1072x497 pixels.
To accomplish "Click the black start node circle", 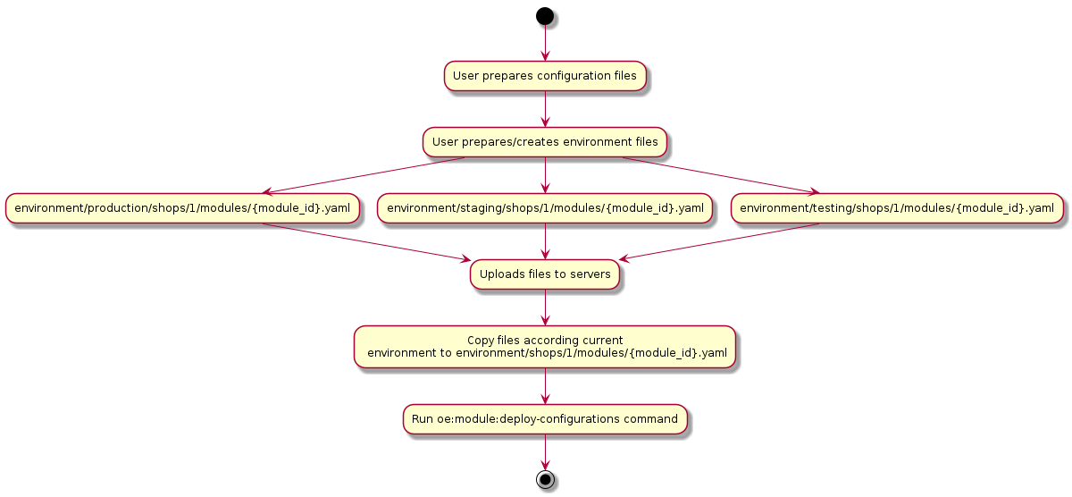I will [545, 15].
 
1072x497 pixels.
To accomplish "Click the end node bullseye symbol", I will [545, 479].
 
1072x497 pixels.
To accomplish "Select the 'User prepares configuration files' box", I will [545, 76].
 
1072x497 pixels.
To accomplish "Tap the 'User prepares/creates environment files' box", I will [545, 141].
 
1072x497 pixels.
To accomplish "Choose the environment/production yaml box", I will [183, 208].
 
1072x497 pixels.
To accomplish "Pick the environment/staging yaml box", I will [545, 208].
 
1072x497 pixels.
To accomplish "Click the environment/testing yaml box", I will [897, 208].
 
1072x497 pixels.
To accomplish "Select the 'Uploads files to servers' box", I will [545, 274].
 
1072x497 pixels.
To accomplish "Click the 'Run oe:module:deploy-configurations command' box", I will [545, 418].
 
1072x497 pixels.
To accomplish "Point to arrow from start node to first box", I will [545, 43].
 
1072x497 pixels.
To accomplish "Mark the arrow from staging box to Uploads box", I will [545, 241].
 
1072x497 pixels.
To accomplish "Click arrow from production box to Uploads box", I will [366, 241].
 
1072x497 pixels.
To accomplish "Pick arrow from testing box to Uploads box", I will [719, 241].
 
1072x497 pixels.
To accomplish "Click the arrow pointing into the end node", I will [545, 451].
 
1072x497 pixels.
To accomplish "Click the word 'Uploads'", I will [497, 274].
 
